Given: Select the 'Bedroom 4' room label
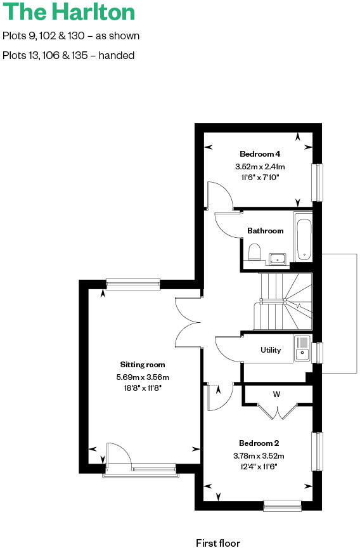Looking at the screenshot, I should click(x=260, y=154).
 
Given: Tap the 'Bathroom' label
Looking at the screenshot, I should click(x=266, y=231).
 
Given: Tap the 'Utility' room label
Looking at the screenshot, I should click(x=271, y=350).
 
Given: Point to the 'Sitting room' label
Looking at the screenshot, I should click(x=143, y=365).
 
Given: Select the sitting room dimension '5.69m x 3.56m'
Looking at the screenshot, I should click(x=143, y=377).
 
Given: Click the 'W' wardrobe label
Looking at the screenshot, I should click(x=276, y=395).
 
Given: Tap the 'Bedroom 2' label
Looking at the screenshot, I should click(x=259, y=443).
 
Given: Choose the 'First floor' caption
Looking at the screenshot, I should click(x=218, y=543).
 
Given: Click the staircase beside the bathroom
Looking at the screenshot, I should click(x=285, y=301).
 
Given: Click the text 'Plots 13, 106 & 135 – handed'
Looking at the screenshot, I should click(x=68, y=55).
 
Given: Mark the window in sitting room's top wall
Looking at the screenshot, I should click(x=133, y=284).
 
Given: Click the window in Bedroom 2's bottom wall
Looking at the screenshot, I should click(x=283, y=506).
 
